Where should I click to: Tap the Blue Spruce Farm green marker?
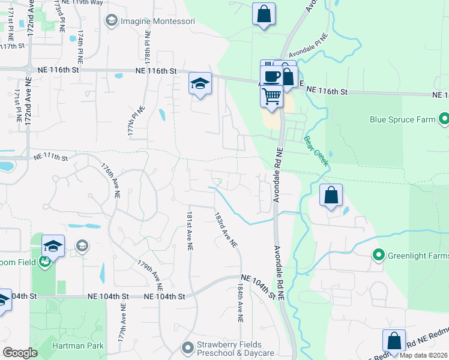444,119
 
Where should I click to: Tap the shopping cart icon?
272,95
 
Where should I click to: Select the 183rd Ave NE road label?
226,228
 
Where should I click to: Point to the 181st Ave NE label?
189,227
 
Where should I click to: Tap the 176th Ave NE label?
111,179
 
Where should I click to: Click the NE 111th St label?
50,157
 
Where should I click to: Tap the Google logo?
20,353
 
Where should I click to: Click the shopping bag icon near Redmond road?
394,340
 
